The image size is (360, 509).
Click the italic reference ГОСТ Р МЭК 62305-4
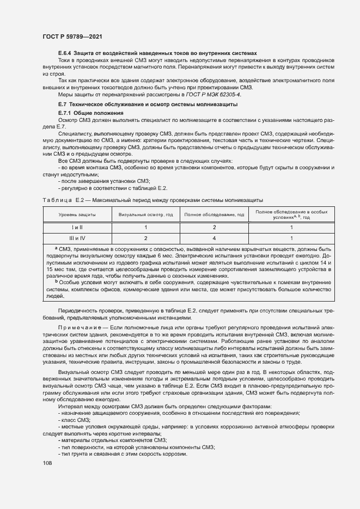click(x=215, y=95)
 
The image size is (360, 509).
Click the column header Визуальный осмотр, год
click(x=145, y=214)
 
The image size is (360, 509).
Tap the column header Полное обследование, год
click(x=214, y=214)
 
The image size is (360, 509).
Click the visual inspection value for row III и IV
click(x=145, y=238)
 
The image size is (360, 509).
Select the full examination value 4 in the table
click(x=214, y=238)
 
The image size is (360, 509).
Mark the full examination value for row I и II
click(x=214, y=227)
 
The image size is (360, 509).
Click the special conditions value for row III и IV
click(x=291, y=238)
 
